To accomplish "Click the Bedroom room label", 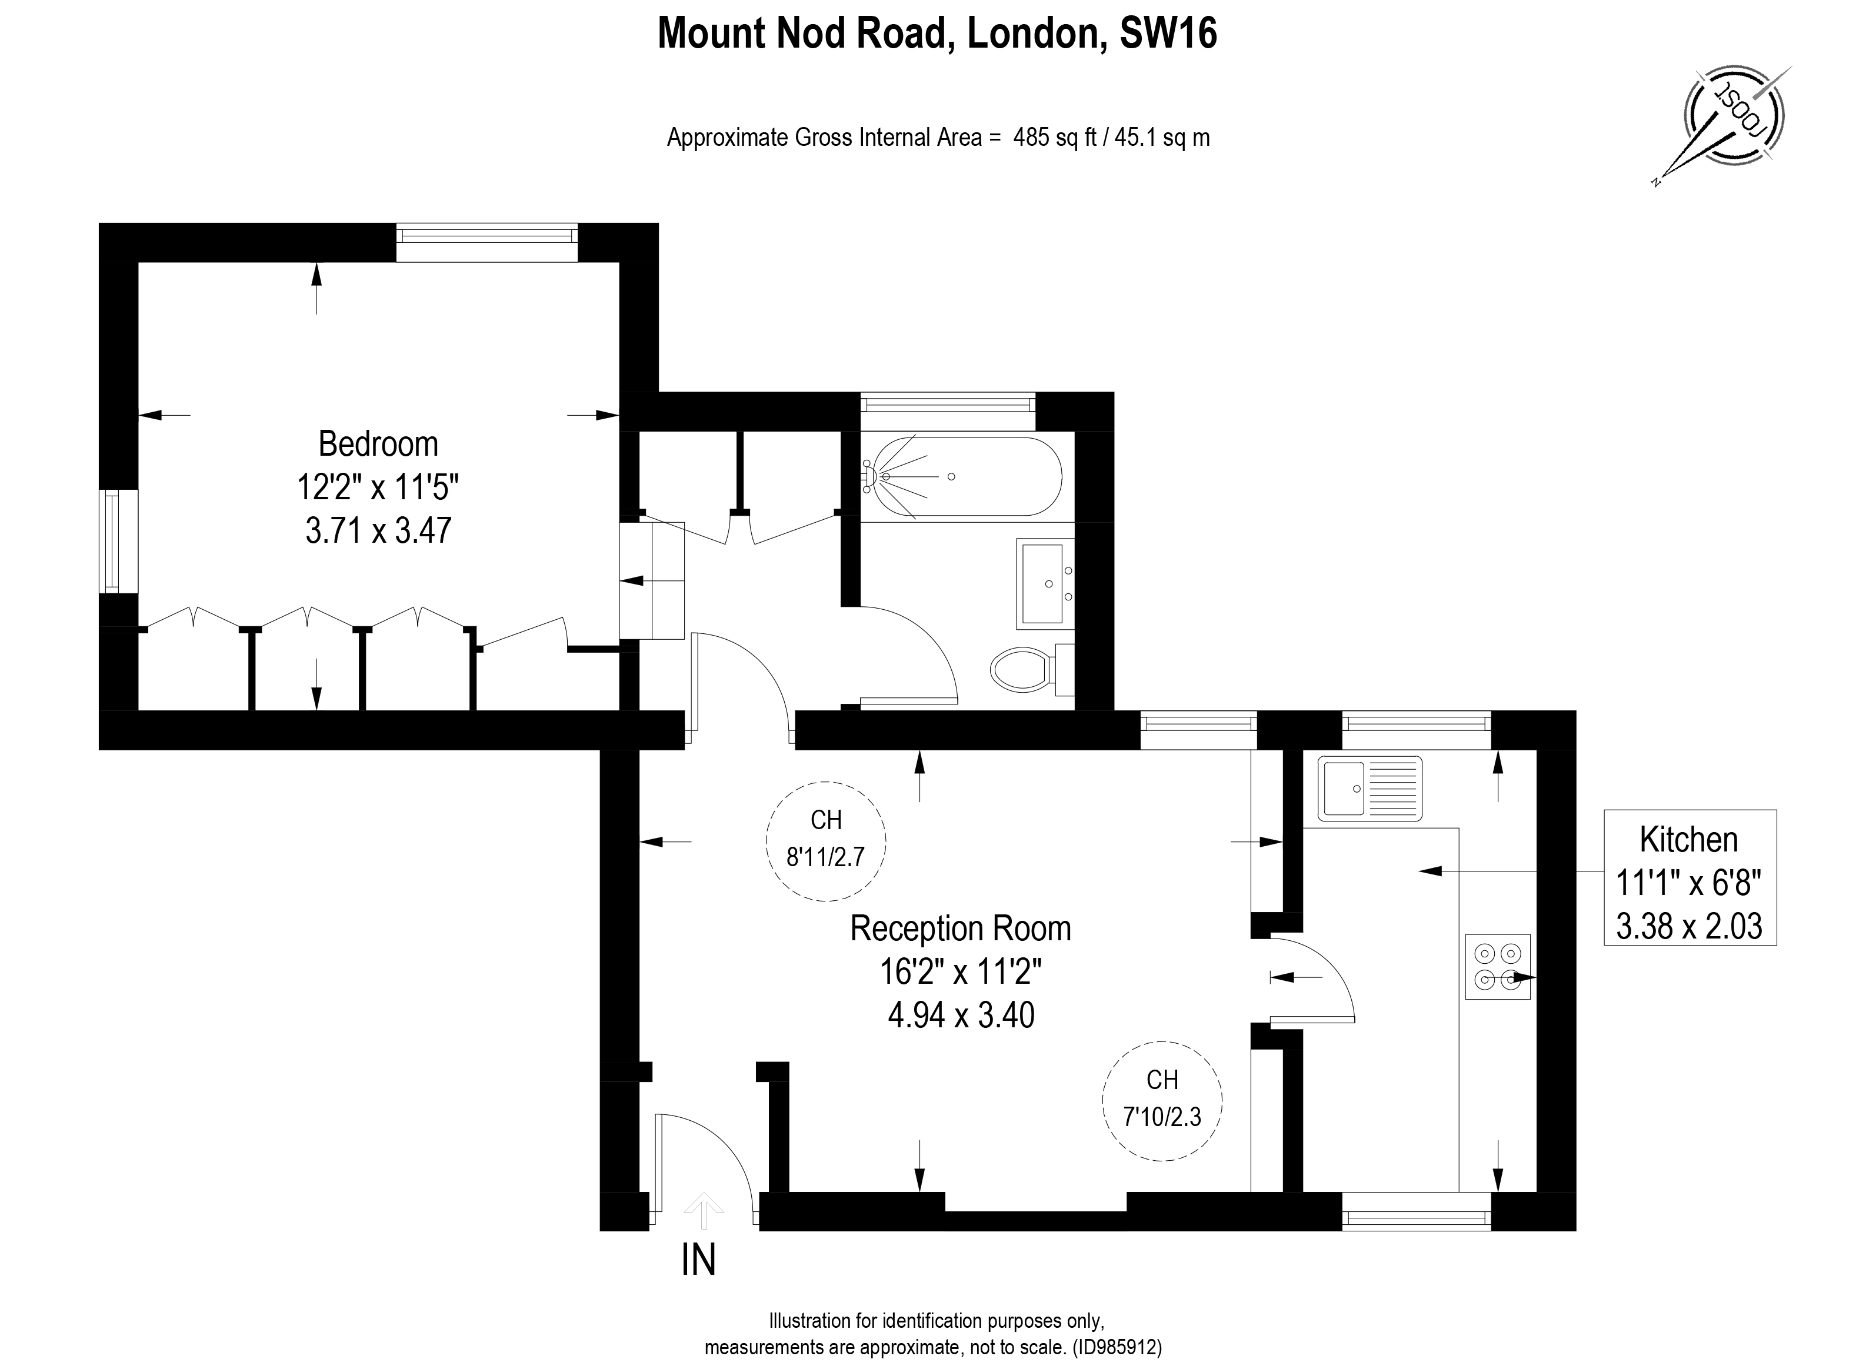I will click(x=378, y=445).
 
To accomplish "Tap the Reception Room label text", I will click(x=960, y=929).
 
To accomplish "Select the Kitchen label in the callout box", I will click(x=1689, y=840).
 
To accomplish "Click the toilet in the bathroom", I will click(x=1023, y=670).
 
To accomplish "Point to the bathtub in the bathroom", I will click(x=961, y=476).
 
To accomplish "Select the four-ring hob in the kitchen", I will click(x=1497, y=967).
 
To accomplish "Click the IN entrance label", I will click(x=698, y=1260).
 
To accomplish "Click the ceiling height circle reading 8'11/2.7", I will click(x=825, y=841).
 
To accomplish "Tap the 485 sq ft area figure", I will click(x=1055, y=137).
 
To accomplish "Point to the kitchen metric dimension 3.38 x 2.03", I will click(x=1689, y=926).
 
